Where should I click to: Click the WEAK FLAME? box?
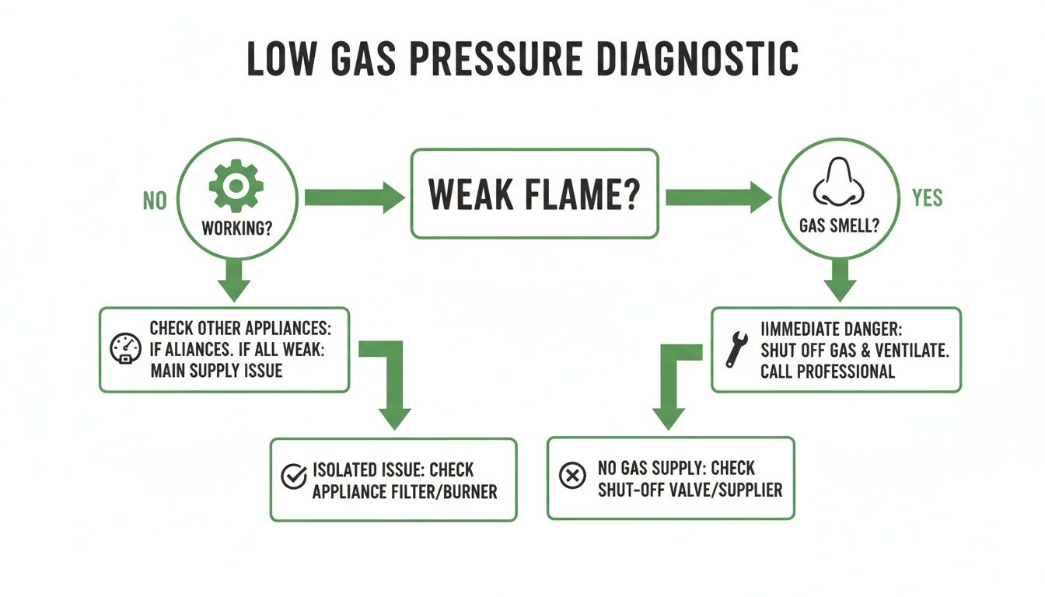coord(533,194)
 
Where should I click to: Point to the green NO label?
coord(155,201)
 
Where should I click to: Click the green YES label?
coord(926,197)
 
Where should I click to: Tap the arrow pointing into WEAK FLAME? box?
coord(354,197)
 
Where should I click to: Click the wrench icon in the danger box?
coord(736,349)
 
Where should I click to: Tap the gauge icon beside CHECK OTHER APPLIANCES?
coord(125,349)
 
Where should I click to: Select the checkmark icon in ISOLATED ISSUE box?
coord(292,476)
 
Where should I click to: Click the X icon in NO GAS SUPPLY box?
coord(572,476)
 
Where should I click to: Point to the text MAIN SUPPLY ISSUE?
coord(216,370)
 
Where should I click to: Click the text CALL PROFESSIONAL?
coord(827,371)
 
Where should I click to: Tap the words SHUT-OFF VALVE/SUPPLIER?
coord(690,490)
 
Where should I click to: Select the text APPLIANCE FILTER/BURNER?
coord(404,491)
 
